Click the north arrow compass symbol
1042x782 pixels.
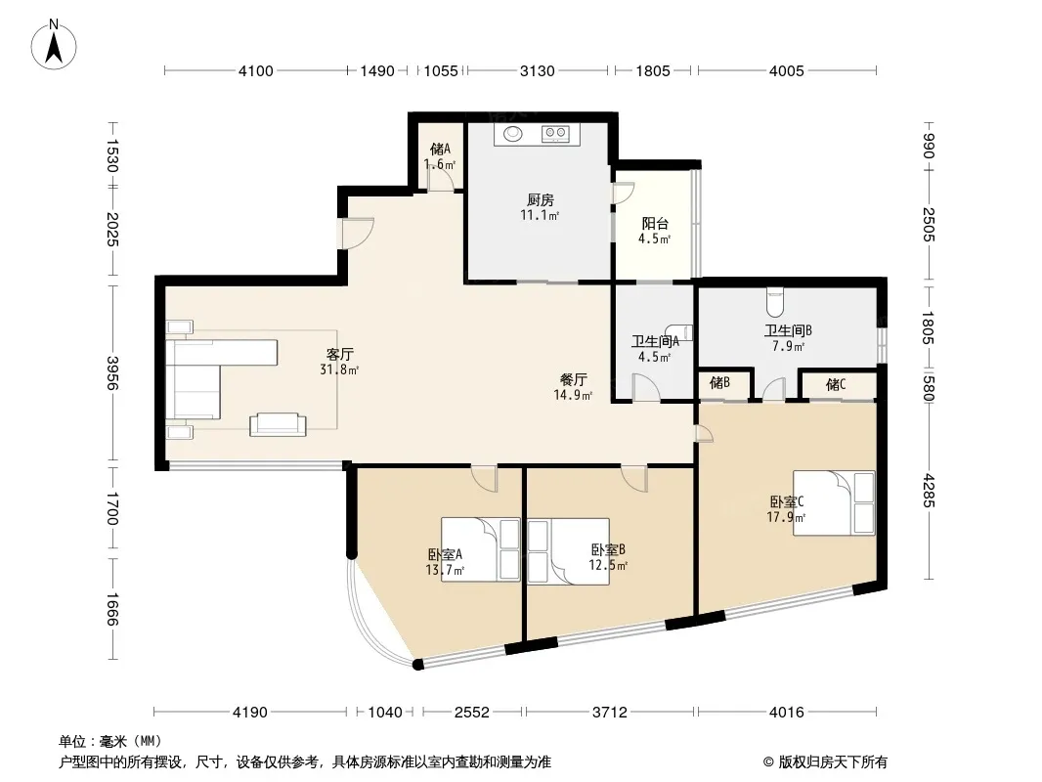click(x=54, y=45)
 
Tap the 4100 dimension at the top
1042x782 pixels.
click(x=256, y=70)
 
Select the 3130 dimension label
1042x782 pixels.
click(x=537, y=70)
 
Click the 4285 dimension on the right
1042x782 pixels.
click(x=929, y=491)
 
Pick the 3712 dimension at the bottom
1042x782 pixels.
click(x=609, y=713)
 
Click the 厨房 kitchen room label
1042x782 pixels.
click(x=541, y=199)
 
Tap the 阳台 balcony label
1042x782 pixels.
click(x=655, y=224)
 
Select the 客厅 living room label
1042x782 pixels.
click(x=339, y=354)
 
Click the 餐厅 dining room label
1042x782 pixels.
click(x=573, y=379)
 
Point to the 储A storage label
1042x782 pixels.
click(x=440, y=149)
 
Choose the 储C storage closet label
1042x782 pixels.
click(x=836, y=384)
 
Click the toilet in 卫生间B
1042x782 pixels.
click(x=775, y=302)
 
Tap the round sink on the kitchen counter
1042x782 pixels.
click(x=512, y=134)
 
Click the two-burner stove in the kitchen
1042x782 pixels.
click(x=555, y=134)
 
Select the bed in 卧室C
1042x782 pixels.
click(x=834, y=503)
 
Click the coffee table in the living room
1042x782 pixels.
click(x=278, y=424)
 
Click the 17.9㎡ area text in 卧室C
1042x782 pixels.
click(x=786, y=517)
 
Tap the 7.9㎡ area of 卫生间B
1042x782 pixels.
click(x=788, y=346)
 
